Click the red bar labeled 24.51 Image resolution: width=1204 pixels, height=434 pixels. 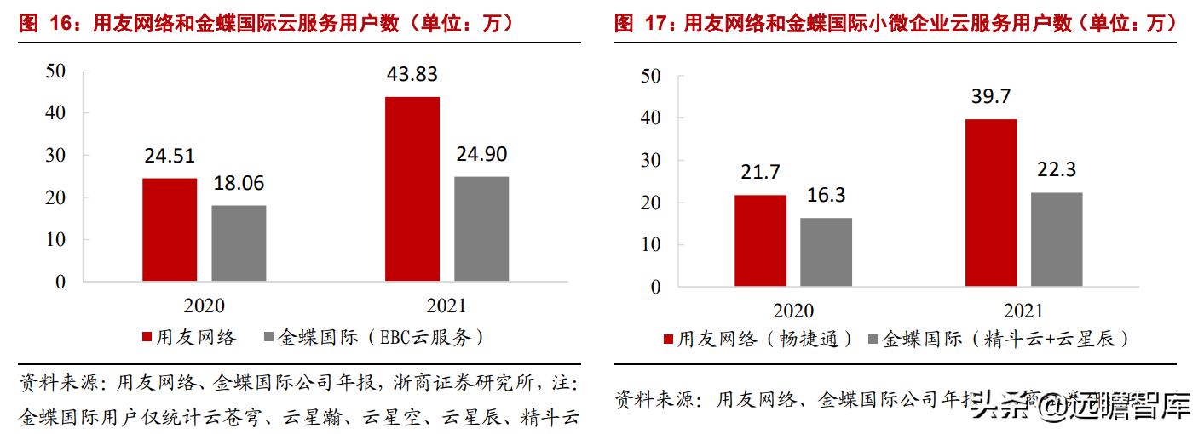click(170, 229)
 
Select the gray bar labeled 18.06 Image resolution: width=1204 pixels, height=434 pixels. click(239, 243)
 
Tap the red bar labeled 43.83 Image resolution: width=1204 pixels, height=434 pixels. click(412, 188)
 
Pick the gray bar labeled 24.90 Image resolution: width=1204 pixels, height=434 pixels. click(481, 228)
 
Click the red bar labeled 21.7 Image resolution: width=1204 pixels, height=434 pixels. click(760, 240)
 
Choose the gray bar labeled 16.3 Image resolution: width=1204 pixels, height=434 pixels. click(826, 252)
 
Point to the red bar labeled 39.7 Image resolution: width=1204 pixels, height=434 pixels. click(991, 202)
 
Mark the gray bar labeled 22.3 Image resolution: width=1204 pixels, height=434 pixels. click(1057, 239)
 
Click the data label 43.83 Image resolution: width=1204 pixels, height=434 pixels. click(412, 74)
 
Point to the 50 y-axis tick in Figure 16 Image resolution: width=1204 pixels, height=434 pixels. click(55, 71)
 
